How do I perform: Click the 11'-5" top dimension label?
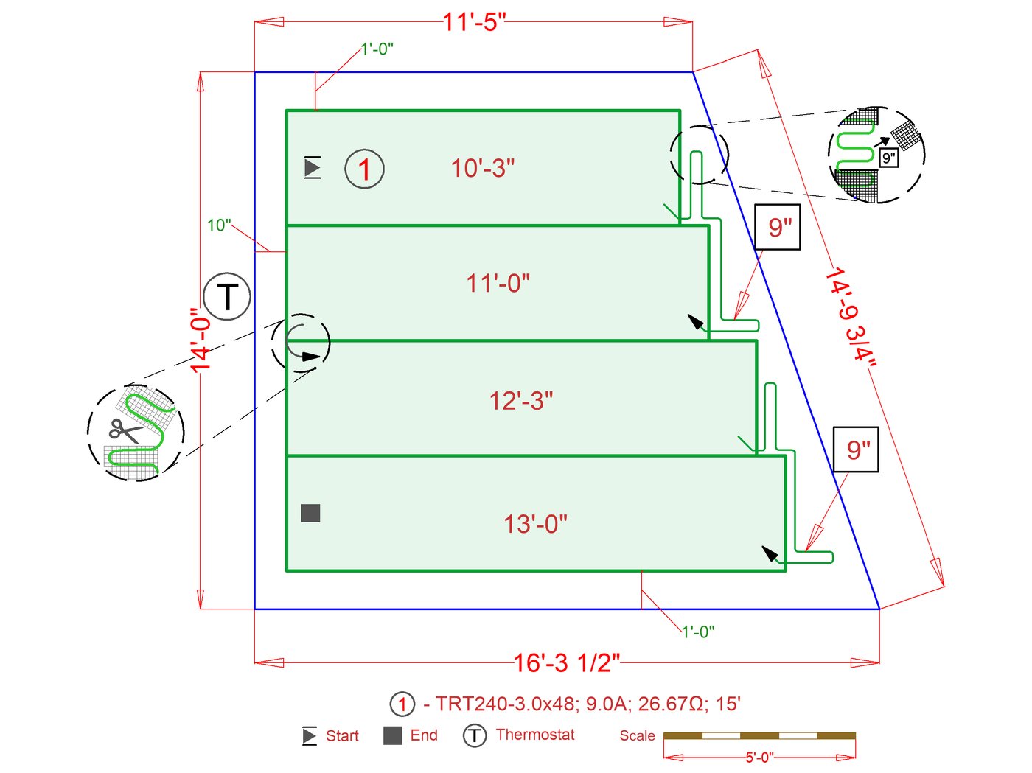coord(474,22)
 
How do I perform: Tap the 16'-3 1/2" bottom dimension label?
coord(566,662)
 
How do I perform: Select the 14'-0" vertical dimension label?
coord(201,340)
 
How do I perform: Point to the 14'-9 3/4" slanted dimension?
coord(852,315)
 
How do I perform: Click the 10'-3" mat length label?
coord(483,169)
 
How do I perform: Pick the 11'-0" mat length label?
coord(498,283)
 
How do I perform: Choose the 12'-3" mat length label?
coord(521,401)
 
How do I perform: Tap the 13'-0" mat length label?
coord(535,524)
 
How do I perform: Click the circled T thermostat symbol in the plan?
coord(228,296)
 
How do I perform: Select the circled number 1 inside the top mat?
coord(364,169)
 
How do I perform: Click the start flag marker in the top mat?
coord(313,168)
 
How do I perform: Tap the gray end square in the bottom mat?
coord(311,513)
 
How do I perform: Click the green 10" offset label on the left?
coord(219,225)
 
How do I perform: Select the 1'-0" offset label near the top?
coord(377,49)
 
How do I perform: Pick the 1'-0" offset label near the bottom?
coord(697,632)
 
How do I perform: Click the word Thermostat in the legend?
coord(535,735)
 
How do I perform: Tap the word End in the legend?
coord(424,735)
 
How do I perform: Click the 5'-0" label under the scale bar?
coord(759,758)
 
